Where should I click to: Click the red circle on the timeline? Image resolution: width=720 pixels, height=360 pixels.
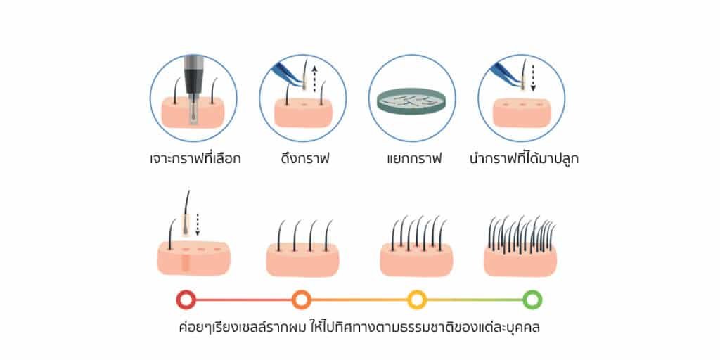tap(186, 300)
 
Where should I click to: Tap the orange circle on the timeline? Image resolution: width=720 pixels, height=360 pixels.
tap(301, 300)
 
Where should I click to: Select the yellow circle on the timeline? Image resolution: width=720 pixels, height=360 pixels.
tap(417, 300)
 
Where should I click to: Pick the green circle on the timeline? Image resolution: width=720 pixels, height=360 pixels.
tap(532, 300)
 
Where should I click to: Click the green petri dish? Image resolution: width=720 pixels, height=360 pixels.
tap(412, 102)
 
